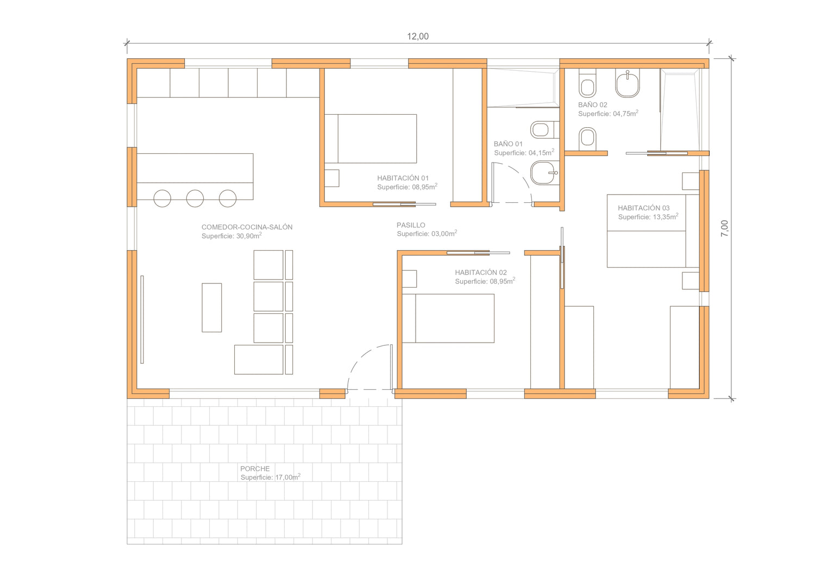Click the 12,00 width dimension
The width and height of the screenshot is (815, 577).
tap(418, 36)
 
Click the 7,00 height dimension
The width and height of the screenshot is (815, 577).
tap(724, 228)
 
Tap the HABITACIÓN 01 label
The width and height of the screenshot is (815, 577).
tap(403, 178)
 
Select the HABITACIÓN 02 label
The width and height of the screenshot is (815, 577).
tap(481, 272)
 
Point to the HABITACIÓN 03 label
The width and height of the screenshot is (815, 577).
tap(644, 208)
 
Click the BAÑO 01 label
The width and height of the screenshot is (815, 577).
tap(508, 144)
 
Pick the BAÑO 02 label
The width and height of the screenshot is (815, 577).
tap(593, 105)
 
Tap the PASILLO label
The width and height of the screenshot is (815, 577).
tap(411, 225)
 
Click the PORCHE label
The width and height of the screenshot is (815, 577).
tap(255, 468)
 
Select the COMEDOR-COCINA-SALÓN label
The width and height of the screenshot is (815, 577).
tap(247, 227)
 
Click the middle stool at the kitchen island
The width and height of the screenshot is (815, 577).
tap(195, 198)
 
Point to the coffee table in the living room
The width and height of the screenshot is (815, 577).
tap(212, 308)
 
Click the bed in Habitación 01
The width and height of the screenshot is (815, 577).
tap(371, 139)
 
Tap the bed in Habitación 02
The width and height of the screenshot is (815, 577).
tap(448, 318)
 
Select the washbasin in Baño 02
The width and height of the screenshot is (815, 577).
tap(627, 84)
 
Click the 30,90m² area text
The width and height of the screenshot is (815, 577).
tap(232, 235)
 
